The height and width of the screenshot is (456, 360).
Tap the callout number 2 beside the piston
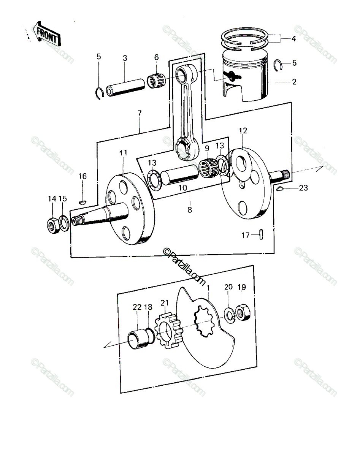[294, 82]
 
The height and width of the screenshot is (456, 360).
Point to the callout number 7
[139, 113]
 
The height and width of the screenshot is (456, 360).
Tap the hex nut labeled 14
[53, 225]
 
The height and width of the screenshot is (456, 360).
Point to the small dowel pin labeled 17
[261, 234]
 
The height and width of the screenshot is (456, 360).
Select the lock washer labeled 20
[229, 317]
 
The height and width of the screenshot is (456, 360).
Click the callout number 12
[243, 131]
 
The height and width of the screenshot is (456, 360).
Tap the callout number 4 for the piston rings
[293, 39]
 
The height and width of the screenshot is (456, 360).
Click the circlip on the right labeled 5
[278, 65]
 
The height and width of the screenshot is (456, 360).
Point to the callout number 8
[190, 210]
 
